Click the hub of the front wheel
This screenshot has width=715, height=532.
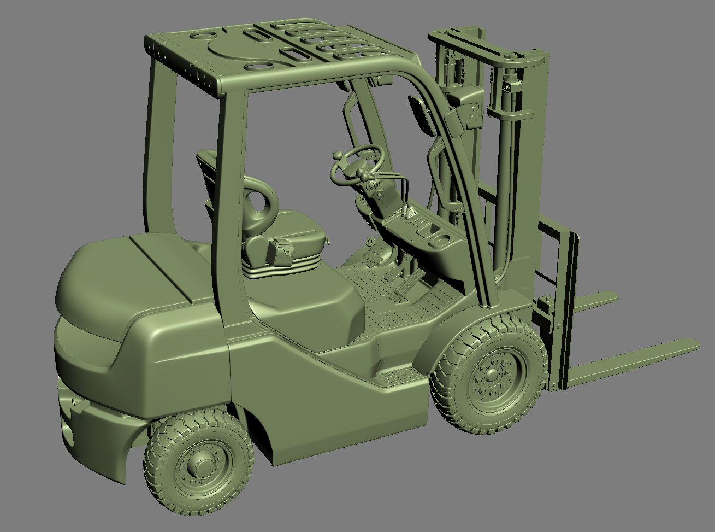point(492,376)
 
